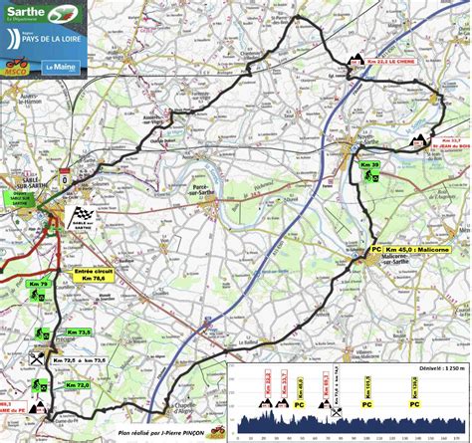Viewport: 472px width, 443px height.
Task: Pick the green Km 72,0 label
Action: pyautogui.click(x=77, y=384)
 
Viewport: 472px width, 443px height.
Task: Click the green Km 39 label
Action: pyautogui.click(x=369, y=164)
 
